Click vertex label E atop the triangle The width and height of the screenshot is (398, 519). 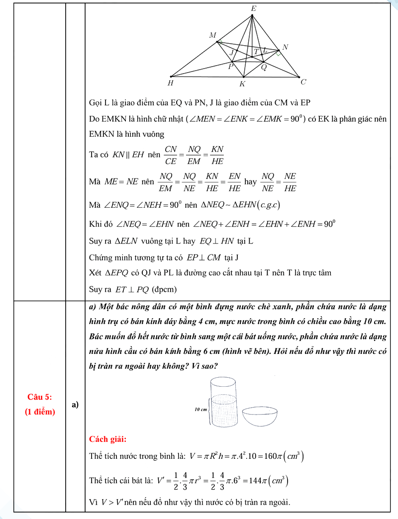(x=253, y=8)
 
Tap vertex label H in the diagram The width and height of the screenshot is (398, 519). (x=171, y=83)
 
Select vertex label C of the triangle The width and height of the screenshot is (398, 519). (x=303, y=82)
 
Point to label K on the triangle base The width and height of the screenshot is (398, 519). (x=242, y=84)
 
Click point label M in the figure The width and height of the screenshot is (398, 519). (x=213, y=35)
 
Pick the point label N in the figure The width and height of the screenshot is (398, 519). (x=285, y=47)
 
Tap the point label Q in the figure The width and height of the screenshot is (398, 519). (x=264, y=68)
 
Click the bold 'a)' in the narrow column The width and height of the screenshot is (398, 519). (x=75, y=405)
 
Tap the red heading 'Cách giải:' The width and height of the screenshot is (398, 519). (x=107, y=439)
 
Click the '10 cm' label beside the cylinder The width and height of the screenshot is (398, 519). (x=201, y=409)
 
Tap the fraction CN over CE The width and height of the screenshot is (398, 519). (x=171, y=155)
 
